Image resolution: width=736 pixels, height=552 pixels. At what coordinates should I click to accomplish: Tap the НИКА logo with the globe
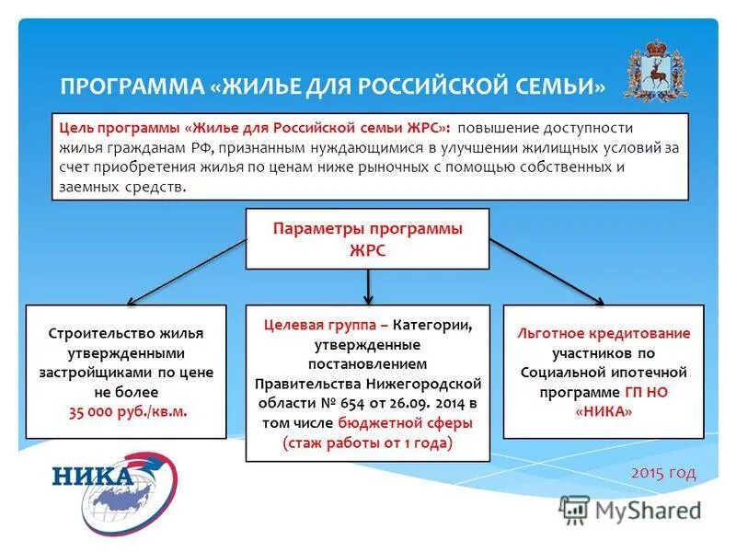click(x=114, y=488)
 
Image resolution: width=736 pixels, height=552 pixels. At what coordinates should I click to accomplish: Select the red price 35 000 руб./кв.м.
click(x=127, y=411)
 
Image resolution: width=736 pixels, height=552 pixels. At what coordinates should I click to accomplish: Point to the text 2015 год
click(x=663, y=472)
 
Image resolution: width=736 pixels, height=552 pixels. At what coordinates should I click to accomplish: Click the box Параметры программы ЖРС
click(x=367, y=238)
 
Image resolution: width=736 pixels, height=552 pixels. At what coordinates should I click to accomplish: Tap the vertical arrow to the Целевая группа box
click(x=368, y=287)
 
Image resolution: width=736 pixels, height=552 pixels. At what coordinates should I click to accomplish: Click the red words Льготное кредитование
click(x=604, y=333)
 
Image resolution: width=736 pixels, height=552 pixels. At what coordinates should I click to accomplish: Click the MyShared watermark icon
click(x=575, y=509)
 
